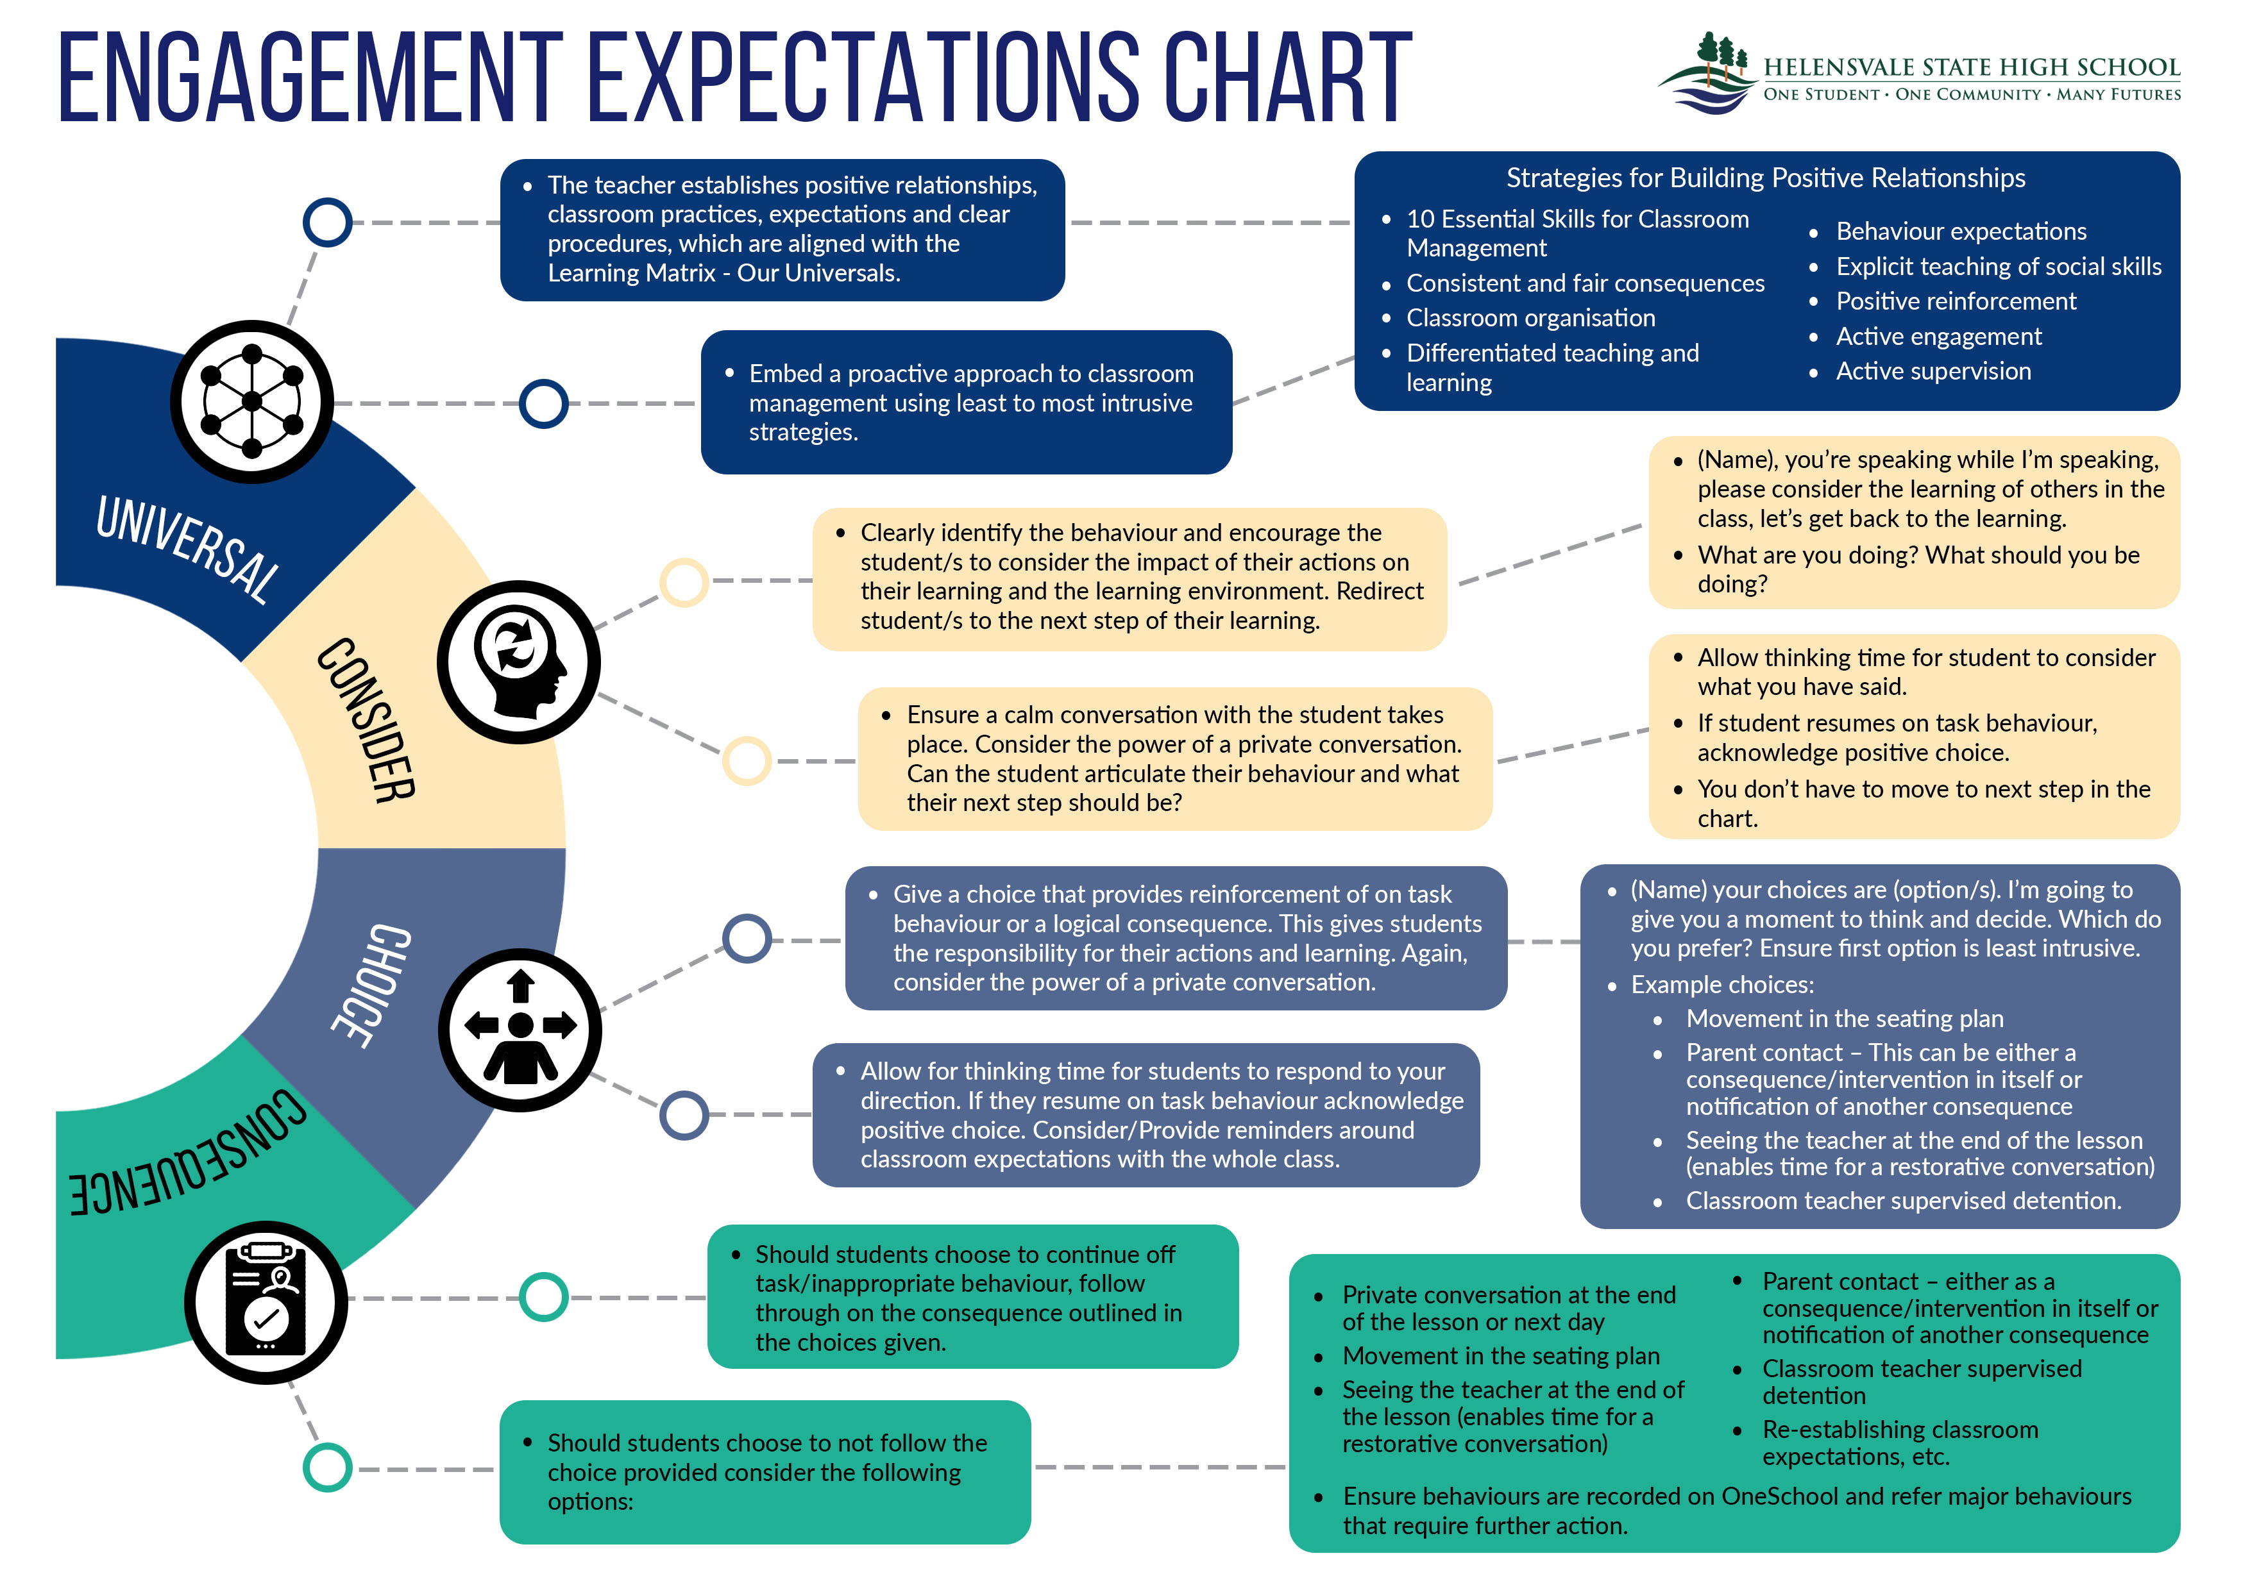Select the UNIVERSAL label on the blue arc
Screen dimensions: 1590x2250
[186, 549]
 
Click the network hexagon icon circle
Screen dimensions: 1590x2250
[252, 401]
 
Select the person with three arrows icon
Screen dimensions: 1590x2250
[520, 1028]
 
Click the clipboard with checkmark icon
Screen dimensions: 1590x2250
[266, 1302]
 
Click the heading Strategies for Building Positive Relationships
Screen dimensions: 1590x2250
[1765, 178]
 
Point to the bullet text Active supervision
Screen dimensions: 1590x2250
[1933, 371]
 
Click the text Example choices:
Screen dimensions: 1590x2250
[1721, 985]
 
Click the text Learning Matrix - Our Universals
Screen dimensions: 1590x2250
[723, 273]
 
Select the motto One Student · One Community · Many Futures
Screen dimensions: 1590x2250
[1972, 95]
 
